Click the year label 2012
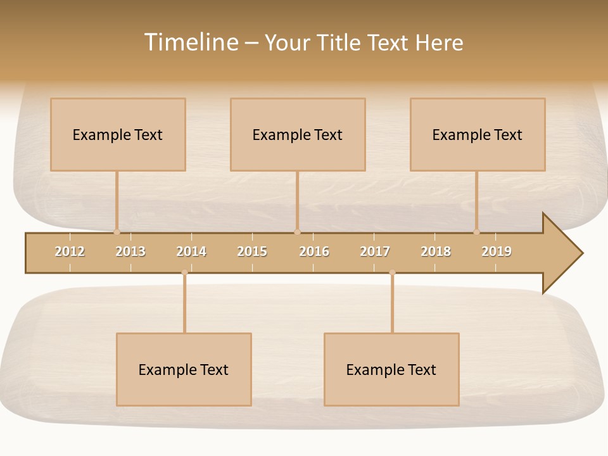[x=70, y=251]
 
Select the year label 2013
[x=130, y=251]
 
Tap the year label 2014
[x=191, y=251]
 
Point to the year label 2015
[x=252, y=251]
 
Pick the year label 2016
[x=314, y=251]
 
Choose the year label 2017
[x=375, y=251]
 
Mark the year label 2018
[x=436, y=251]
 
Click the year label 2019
[x=497, y=251]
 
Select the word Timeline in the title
[x=190, y=42]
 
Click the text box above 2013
[x=118, y=134]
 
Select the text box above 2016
[x=298, y=134]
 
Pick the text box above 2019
[x=478, y=134]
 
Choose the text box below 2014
[x=184, y=369]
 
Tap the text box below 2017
[x=391, y=369]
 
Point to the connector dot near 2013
[x=117, y=232]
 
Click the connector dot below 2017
[x=392, y=273]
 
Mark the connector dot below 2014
[x=184, y=273]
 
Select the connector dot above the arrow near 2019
[x=476, y=232]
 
